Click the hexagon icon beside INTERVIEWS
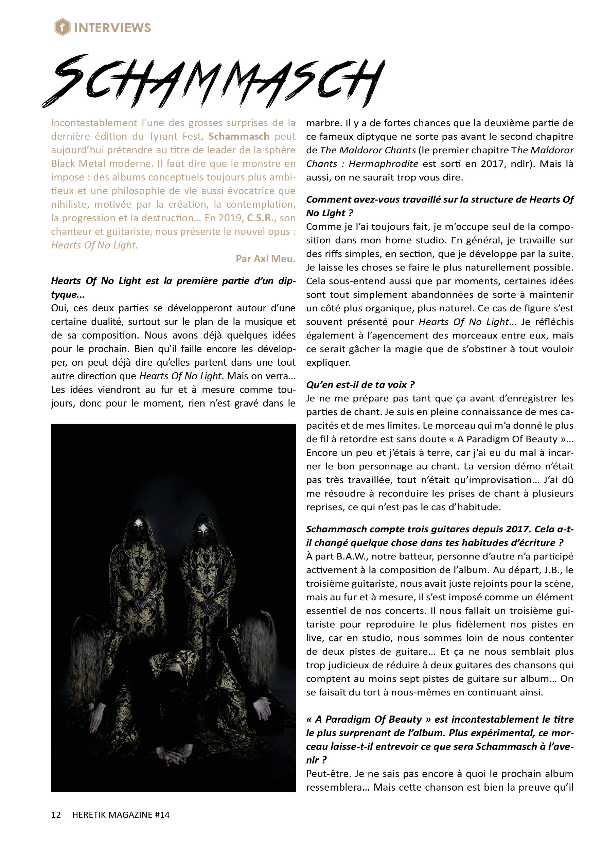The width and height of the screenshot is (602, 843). click(x=62, y=28)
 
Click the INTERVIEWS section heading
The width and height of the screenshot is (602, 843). click(x=112, y=28)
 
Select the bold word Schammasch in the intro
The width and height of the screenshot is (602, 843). click(x=239, y=137)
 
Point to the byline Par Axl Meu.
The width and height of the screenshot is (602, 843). click(x=265, y=258)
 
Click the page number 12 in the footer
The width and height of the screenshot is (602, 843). click(x=56, y=814)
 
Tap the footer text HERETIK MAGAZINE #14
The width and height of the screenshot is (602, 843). click(x=121, y=814)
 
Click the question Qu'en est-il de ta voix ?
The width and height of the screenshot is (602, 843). click(x=360, y=384)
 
